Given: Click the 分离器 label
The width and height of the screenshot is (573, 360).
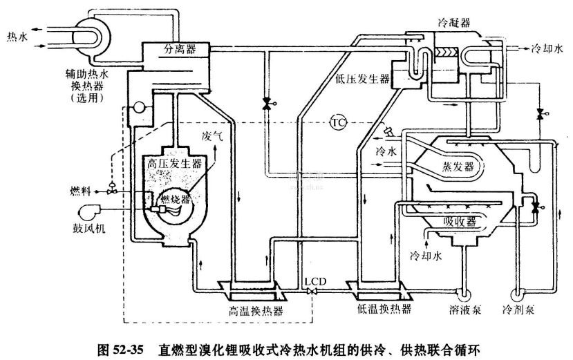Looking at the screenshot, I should pyautogui.click(x=180, y=50).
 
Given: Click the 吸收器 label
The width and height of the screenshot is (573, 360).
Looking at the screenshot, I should pyautogui.click(x=460, y=222).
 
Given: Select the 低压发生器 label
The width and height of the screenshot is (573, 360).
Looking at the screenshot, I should pyautogui.click(x=363, y=78).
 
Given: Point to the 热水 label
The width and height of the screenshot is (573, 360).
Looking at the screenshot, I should pyautogui.click(x=17, y=36).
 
